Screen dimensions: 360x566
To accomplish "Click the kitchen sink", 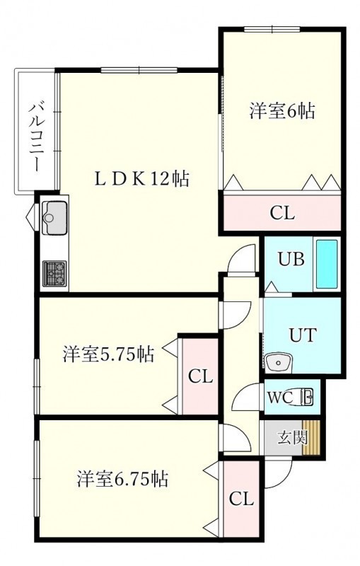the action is [x=54, y=218].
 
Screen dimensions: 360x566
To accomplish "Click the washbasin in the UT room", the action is [x=279, y=362].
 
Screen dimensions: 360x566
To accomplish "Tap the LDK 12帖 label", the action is [x=141, y=178].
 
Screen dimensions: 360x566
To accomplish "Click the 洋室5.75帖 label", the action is [x=109, y=354].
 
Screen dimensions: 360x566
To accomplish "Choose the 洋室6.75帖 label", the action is [x=122, y=480].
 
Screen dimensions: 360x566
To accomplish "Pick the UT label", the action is [x=303, y=335].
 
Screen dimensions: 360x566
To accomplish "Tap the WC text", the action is [x=280, y=398].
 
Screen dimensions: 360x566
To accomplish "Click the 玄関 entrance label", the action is [x=292, y=437].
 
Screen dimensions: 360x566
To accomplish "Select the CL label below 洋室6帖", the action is [x=282, y=213].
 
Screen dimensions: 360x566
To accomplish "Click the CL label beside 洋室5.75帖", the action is [x=201, y=377].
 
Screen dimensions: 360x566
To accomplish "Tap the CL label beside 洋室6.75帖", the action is [x=242, y=499].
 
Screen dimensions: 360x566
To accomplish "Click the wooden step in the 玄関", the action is [x=311, y=438].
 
